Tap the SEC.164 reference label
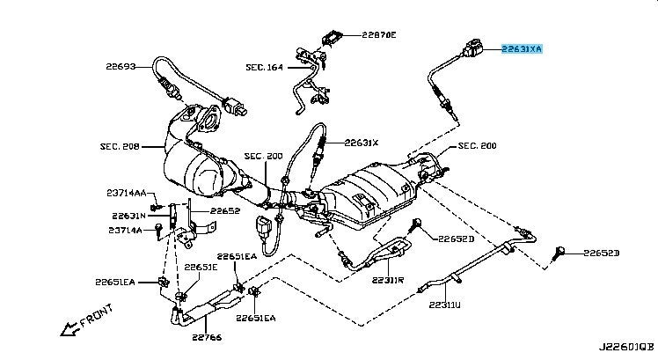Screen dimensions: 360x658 coord(265,67)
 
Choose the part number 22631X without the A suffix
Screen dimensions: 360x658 coord(361,142)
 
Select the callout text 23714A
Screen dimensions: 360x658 coord(126,231)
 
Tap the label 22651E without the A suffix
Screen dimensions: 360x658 coord(201,267)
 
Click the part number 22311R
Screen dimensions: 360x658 coord(387,281)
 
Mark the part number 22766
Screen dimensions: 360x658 coord(207,336)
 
